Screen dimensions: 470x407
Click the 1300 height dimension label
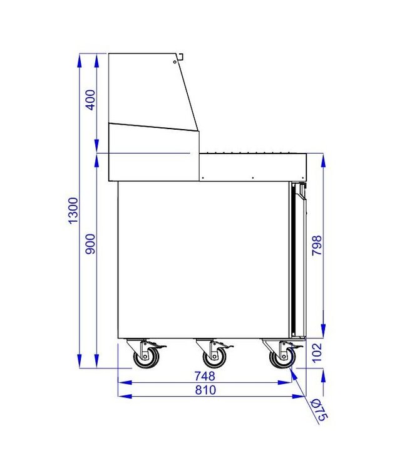pos(74,211)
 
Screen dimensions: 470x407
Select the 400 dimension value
pos(91,100)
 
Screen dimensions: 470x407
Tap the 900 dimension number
pos(91,243)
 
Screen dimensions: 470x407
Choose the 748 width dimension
pos(205,377)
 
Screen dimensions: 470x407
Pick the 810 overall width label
pos(205,390)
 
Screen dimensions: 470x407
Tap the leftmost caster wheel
pos(145,358)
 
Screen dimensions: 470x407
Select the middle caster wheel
pos(214,358)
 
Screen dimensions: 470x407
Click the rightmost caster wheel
pos(281,358)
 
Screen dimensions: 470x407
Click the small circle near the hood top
pos(174,62)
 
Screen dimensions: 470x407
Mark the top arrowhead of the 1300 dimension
pos(80,60)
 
